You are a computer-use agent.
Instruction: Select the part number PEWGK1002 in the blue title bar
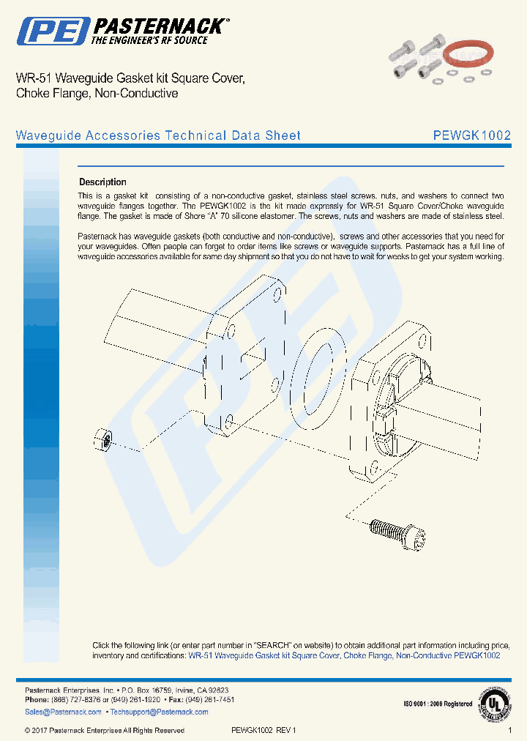coord(471,135)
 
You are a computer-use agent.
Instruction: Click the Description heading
coord(102,182)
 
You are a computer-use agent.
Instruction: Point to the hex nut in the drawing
coord(102,441)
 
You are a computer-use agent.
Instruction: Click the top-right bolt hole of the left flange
coord(277,297)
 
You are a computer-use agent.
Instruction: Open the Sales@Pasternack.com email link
coord(63,712)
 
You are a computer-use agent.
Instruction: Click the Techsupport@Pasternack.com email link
coord(149,712)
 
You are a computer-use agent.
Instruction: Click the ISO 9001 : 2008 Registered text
coord(438,704)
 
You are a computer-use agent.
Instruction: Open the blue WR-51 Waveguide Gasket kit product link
coord(344,655)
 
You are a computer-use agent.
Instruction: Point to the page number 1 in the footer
coord(509,730)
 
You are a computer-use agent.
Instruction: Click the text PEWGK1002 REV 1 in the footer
coord(264,730)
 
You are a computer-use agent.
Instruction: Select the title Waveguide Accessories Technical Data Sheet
coord(158,135)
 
